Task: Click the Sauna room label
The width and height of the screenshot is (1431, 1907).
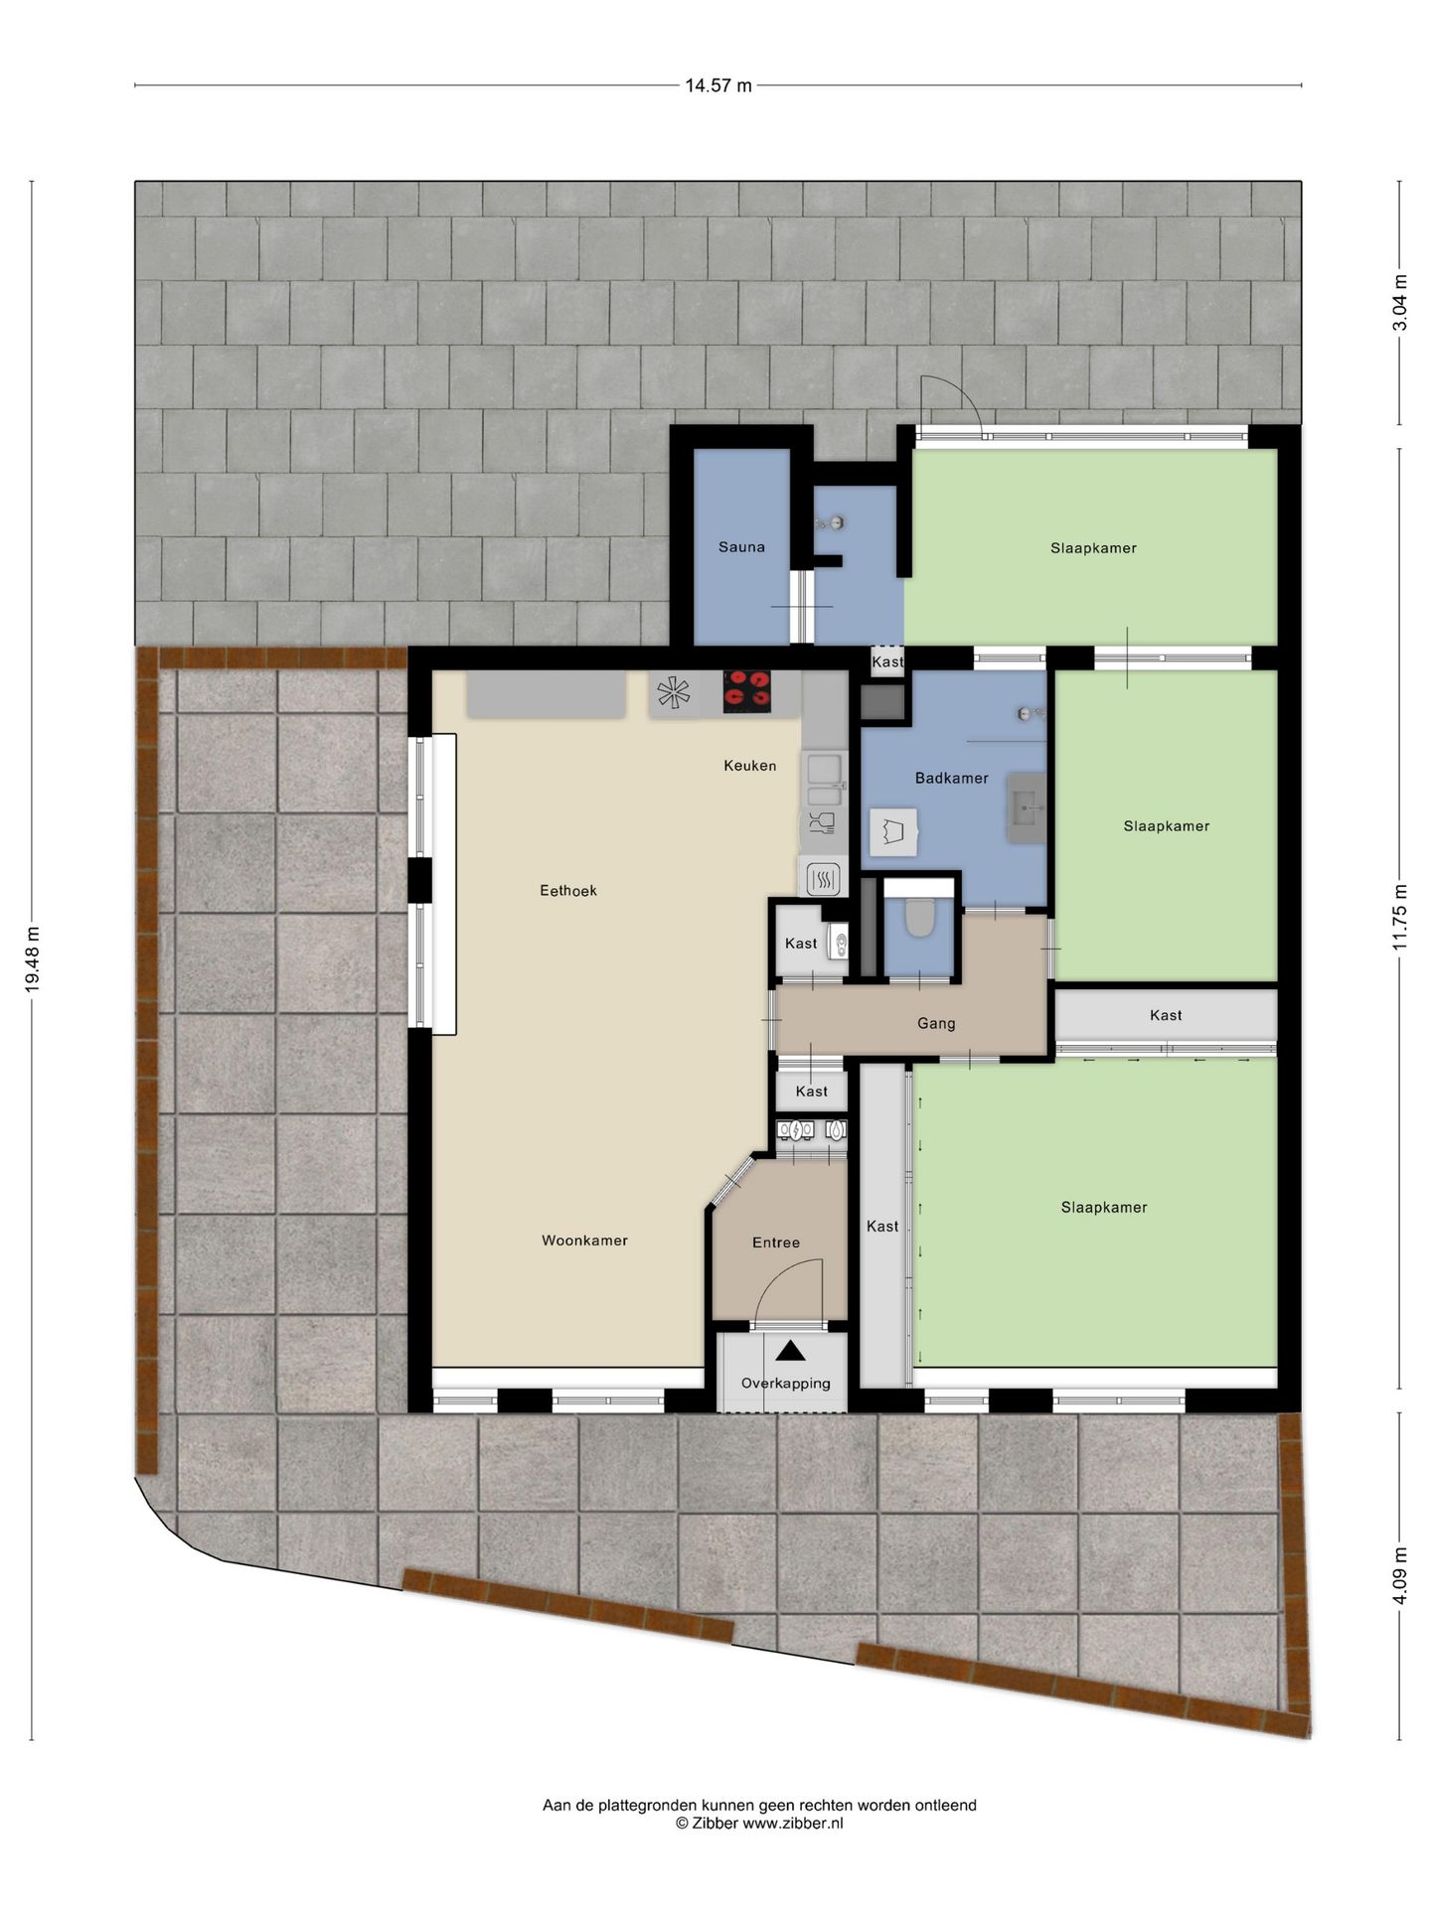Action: pyautogui.click(x=741, y=546)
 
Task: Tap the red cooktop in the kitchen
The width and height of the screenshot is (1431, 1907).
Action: pyautogui.click(x=747, y=690)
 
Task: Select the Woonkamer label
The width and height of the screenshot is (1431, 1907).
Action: pyautogui.click(x=584, y=1241)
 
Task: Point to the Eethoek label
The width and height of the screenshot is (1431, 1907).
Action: pyautogui.click(x=568, y=891)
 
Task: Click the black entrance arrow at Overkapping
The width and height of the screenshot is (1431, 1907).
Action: pyautogui.click(x=790, y=1351)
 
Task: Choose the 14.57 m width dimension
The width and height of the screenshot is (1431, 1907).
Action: pyautogui.click(x=717, y=85)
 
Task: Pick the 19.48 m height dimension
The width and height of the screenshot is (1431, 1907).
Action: pyautogui.click(x=33, y=959)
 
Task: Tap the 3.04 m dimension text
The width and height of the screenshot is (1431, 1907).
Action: pyautogui.click(x=1400, y=302)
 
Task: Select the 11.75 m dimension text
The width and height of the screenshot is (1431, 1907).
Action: pyautogui.click(x=1400, y=917)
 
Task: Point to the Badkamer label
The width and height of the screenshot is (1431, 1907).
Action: pyautogui.click(x=951, y=779)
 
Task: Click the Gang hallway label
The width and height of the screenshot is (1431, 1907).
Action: pyautogui.click(x=936, y=1023)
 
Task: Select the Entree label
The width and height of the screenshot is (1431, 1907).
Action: pyautogui.click(x=775, y=1243)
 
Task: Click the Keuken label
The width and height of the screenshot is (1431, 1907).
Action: pyautogui.click(x=749, y=766)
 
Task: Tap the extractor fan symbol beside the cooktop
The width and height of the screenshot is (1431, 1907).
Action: pyautogui.click(x=674, y=692)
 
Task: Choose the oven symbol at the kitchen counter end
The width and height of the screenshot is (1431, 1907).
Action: pyautogui.click(x=823, y=879)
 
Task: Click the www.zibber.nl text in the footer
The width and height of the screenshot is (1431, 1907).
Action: pyautogui.click(x=792, y=1823)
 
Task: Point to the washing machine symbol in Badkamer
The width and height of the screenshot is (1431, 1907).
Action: pyautogui.click(x=892, y=831)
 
